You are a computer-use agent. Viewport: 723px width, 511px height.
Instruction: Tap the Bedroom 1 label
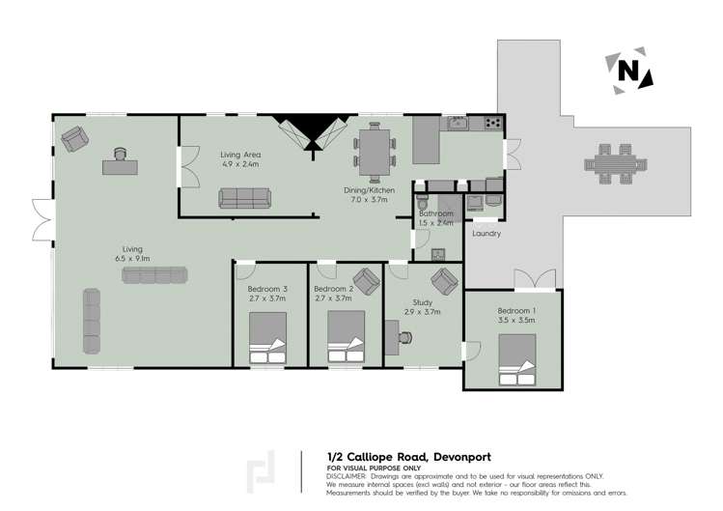click(514, 309)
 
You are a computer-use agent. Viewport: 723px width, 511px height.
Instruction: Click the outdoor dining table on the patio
click(613, 164)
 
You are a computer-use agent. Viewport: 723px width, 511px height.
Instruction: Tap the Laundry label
click(486, 233)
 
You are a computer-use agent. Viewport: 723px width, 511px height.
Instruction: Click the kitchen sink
click(456, 124)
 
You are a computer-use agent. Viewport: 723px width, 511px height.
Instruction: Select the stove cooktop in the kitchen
click(492, 123)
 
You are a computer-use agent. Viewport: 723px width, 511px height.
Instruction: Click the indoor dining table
click(374, 150)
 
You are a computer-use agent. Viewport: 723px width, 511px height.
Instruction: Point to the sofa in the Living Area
click(245, 198)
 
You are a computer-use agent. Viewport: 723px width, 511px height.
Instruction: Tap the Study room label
click(422, 302)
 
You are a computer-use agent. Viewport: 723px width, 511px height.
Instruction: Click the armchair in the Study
click(444, 281)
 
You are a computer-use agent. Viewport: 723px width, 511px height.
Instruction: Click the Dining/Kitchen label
click(372, 190)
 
